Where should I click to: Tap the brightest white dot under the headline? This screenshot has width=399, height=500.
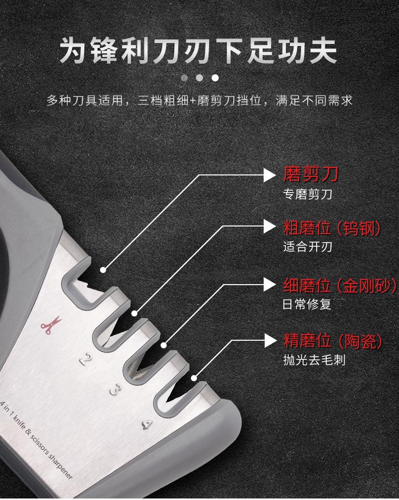coord(215,78)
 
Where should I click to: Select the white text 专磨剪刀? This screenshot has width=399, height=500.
coord(308,194)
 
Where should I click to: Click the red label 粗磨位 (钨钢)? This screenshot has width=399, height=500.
coord(332,228)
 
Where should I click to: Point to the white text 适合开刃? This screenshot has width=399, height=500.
coord(308,248)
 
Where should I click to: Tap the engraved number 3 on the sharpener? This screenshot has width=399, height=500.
coord(116,390)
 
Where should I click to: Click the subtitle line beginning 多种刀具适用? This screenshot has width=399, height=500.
coord(199,101)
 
